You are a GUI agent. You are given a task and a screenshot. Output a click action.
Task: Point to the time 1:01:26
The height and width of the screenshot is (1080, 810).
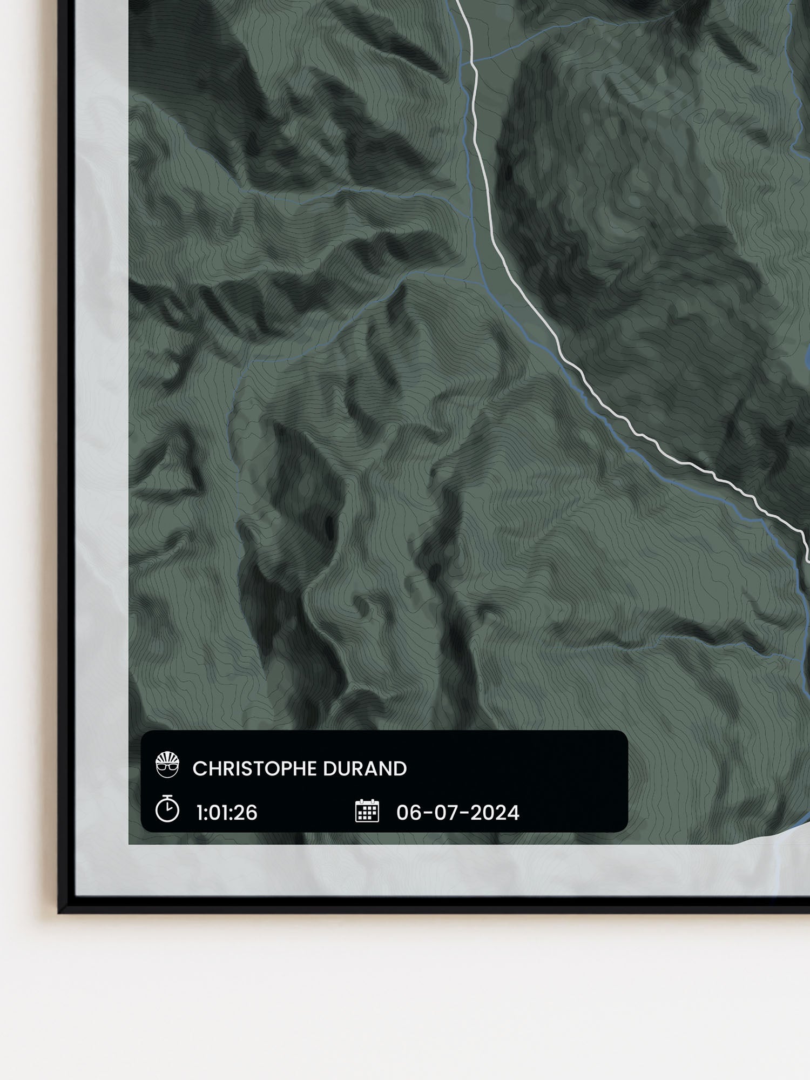pyautogui.click(x=227, y=813)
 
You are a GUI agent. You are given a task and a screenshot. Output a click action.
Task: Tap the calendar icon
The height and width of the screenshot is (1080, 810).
pyautogui.click(x=367, y=811)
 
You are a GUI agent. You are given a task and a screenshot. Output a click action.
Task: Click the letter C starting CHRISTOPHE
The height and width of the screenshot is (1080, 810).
pyautogui.click(x=198, y=769)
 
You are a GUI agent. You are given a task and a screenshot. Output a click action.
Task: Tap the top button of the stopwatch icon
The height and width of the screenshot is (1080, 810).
pyautogui.click(x=167, y=796)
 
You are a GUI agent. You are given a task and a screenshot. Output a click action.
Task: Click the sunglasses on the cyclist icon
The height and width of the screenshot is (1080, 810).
pyautogui.click(x=167, y=767)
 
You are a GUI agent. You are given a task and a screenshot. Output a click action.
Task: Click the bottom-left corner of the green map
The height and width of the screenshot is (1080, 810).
pyautogui.click(x=130, y=843)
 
